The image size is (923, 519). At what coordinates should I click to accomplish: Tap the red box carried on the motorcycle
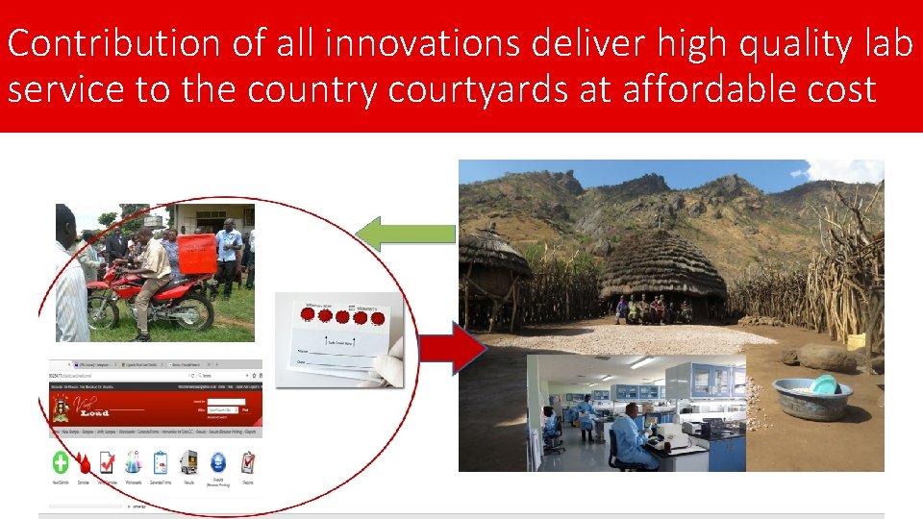click(x=197, y=255)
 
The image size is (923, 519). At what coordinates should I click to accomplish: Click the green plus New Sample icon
click(x=61, y=462)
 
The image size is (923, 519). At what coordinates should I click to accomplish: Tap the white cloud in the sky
click(x=847, y=170)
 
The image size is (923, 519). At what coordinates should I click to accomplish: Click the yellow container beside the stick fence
click(x=856, y=341)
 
